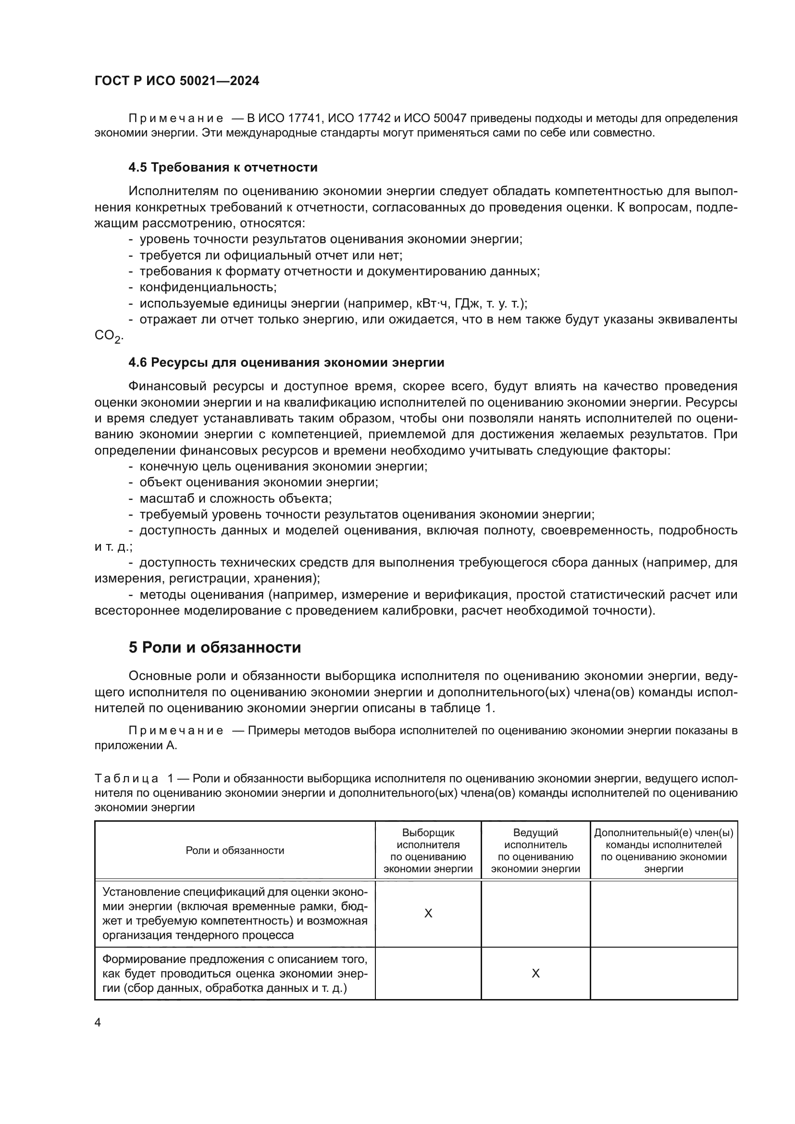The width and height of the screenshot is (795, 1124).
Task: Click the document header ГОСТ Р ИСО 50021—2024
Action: (x=177, y=81)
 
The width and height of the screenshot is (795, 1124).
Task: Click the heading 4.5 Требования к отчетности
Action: (x=223, y=167)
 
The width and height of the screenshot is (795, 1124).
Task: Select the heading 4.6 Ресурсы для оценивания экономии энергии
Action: (x=286, y=363)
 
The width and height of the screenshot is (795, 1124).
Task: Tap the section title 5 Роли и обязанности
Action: (x=214, y=648)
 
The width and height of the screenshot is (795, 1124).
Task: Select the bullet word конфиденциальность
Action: (x=208, y=287)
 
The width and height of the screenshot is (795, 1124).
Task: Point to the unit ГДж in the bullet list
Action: (x=468, y=304)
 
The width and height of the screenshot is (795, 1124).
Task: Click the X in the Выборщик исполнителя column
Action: (x=428, y=914)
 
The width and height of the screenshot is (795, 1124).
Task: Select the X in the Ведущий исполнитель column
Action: (x=535, y=974)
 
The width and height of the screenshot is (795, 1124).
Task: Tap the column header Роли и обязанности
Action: (x=235, y=851)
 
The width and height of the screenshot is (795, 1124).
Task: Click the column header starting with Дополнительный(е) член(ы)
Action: (x=663, y=851)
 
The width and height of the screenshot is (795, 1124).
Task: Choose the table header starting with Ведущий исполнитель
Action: (x=535, y=851)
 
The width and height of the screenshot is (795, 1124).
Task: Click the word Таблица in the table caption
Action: (x=127, y=779)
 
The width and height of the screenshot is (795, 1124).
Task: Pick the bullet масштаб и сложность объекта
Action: (x=236, y=499)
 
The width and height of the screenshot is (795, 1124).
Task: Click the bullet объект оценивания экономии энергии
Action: (x=259, y=482)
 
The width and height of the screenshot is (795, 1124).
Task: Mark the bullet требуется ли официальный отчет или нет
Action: (x=271, y=256)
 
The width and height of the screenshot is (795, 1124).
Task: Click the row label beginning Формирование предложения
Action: (x=235, y=974)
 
